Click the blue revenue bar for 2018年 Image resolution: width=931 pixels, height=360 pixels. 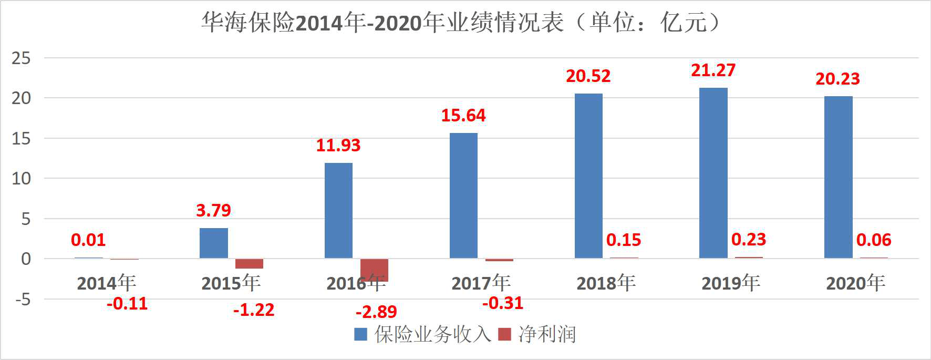click(x=588, y=176)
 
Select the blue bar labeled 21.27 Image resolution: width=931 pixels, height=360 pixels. click(x=713, y=173)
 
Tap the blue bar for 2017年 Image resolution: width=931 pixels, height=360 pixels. click(x=463, y=196)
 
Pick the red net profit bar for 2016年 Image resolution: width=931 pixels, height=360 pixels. click(x=374, y=270)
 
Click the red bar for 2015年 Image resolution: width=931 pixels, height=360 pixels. click(x=249, y=263)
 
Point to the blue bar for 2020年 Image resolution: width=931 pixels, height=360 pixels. click(x=838, y=177)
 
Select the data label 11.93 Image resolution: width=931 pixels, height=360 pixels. click(x=338, y=145)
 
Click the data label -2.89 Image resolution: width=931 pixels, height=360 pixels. click(x=376, y=312)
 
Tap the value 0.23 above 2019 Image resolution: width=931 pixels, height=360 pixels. click(x=749, y=240)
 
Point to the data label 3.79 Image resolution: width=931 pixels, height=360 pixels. click(x=213, y=210)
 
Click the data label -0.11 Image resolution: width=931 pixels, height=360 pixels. click(x=127, y=304)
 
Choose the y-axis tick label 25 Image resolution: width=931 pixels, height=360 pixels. click(x=21, y=58)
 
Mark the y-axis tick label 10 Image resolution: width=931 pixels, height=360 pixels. click(x=21, y=179)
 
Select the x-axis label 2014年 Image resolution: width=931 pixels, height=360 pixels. click(x=107, y=283)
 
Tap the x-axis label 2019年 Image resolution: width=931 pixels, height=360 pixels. click(x=731, y=283)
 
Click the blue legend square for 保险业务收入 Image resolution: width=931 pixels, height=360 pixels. click(x=360, y=334)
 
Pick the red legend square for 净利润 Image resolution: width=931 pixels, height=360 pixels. click(x=504, y=334)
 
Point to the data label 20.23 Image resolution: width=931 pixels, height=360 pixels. click(x=837, y=79)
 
